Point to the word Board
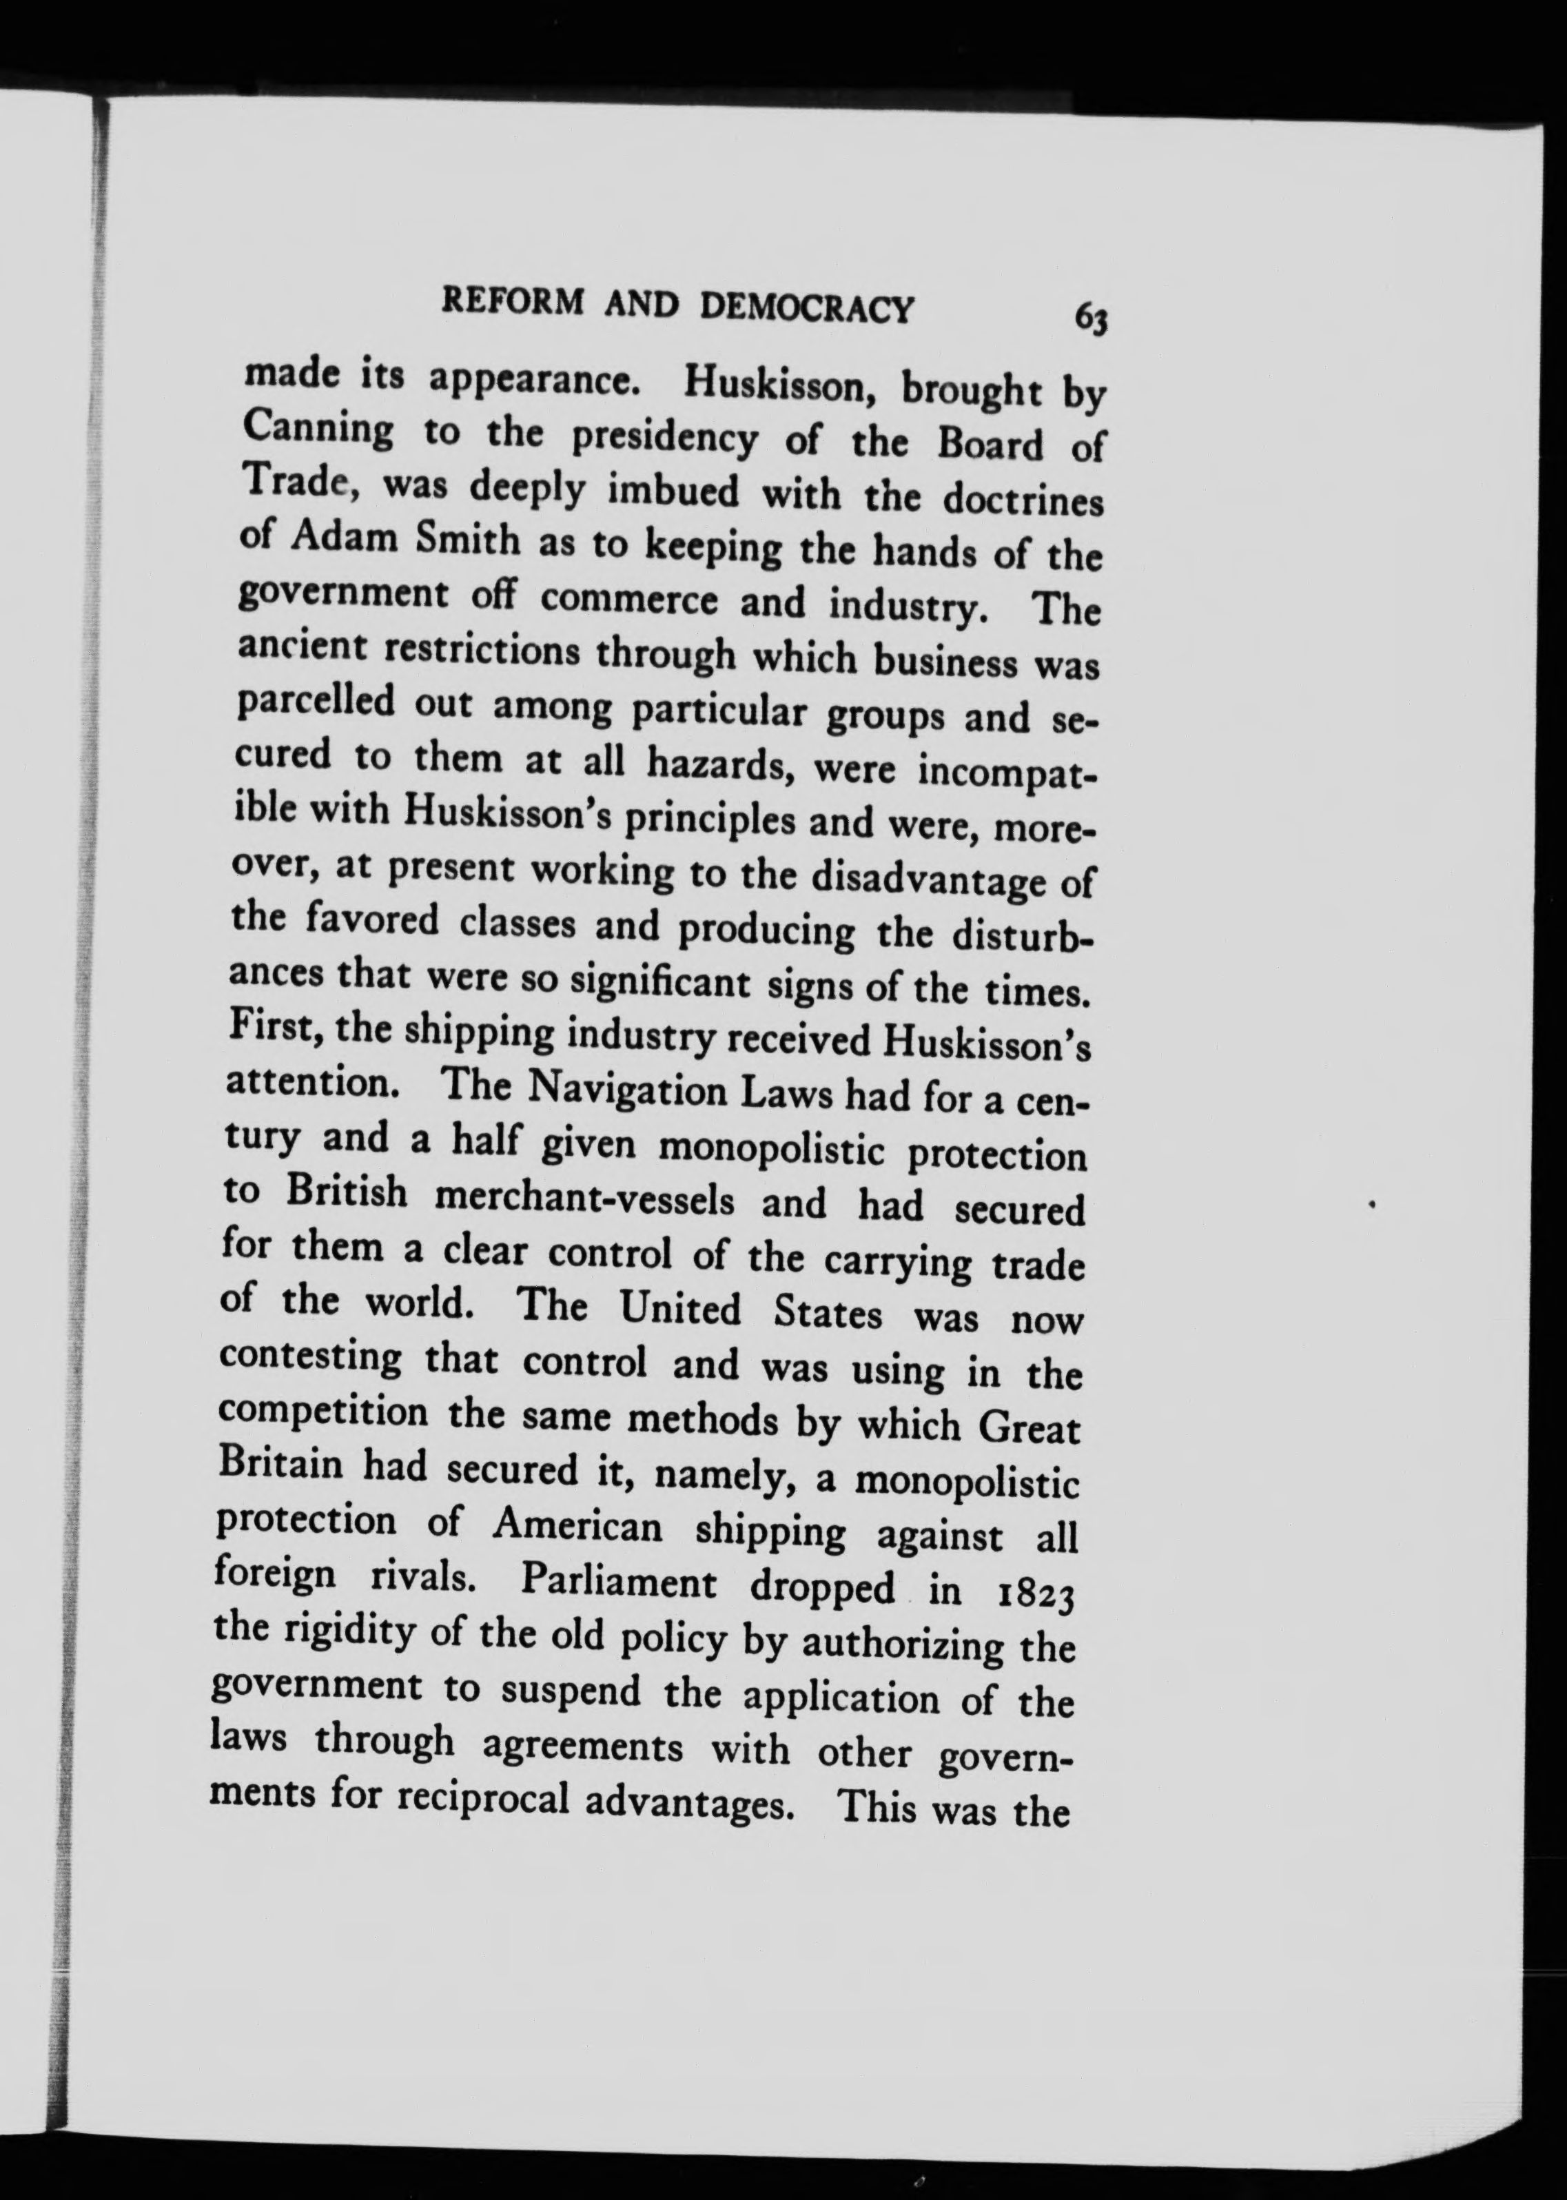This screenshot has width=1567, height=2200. click(x=991, y=445)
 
